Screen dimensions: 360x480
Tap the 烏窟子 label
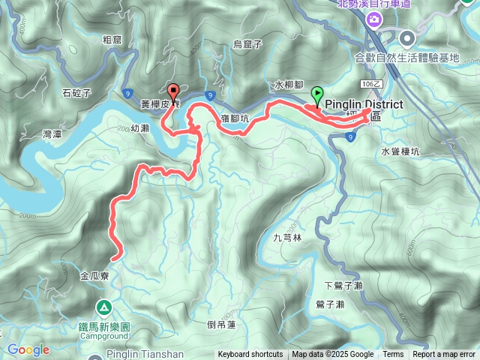[x=246, y=44]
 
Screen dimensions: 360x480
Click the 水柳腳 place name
[x=287, y=85]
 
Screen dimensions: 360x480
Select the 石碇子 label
[x=76, y=93]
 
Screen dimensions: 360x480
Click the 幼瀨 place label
[x=139, y=128]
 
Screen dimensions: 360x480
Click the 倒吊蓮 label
[x=220, y=325]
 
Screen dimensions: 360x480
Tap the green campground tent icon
[x=103, y=307]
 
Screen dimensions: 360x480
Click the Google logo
[x=28, y=349]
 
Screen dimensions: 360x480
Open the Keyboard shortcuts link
[x=250, y=355]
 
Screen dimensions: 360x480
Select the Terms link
[x=393, y=355]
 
